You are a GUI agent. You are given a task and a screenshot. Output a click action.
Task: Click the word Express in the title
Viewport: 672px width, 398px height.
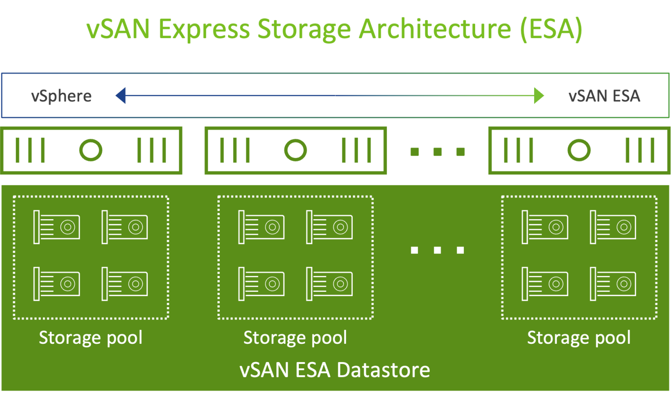pos(203,29)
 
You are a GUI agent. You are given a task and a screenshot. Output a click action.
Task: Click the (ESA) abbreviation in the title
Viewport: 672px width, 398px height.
pos(551,29)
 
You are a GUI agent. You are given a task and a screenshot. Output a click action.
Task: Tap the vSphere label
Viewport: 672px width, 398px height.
pos(61,96)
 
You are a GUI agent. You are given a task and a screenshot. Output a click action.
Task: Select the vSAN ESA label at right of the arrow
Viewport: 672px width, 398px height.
pos(604,96)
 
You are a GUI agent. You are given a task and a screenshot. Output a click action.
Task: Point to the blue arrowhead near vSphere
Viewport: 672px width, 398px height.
pos(120,95)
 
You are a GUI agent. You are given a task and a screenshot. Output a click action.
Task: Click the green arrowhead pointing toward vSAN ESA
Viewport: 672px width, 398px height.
pos(539,95)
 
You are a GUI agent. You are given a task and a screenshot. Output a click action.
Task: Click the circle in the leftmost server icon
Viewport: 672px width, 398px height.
pos(91,150)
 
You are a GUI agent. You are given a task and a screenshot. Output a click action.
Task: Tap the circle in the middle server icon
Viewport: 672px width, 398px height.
pos(295,150)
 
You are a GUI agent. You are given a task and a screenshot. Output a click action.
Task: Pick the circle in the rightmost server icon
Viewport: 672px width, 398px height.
pos(579,150)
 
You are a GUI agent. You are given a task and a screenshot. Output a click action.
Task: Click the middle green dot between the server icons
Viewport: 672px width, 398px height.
pos(437,151)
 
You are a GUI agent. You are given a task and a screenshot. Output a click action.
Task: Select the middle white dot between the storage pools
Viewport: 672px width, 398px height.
pos(437,250)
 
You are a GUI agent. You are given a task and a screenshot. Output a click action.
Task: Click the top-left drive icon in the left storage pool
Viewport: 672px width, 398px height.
pos(57,227)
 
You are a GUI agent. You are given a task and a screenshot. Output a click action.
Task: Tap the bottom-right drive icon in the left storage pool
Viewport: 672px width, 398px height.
pos(125,284)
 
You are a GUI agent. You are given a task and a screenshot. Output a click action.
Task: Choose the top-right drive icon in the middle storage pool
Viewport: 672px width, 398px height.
pos(329,227)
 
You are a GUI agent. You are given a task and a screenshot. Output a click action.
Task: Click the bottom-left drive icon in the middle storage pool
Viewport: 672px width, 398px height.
pos(262,284)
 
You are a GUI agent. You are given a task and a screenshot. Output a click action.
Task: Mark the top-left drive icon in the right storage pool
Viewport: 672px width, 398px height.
pos(545,227)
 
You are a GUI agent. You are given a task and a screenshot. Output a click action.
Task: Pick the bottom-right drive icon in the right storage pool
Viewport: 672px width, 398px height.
pos(613,284)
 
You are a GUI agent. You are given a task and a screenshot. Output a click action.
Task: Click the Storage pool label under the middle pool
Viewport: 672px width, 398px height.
pos(295,338)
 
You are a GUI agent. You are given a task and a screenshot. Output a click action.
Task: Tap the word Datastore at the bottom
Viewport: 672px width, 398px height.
pos(383,370)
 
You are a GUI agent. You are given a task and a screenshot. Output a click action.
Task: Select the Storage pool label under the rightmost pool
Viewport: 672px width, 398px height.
pos(579,338)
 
